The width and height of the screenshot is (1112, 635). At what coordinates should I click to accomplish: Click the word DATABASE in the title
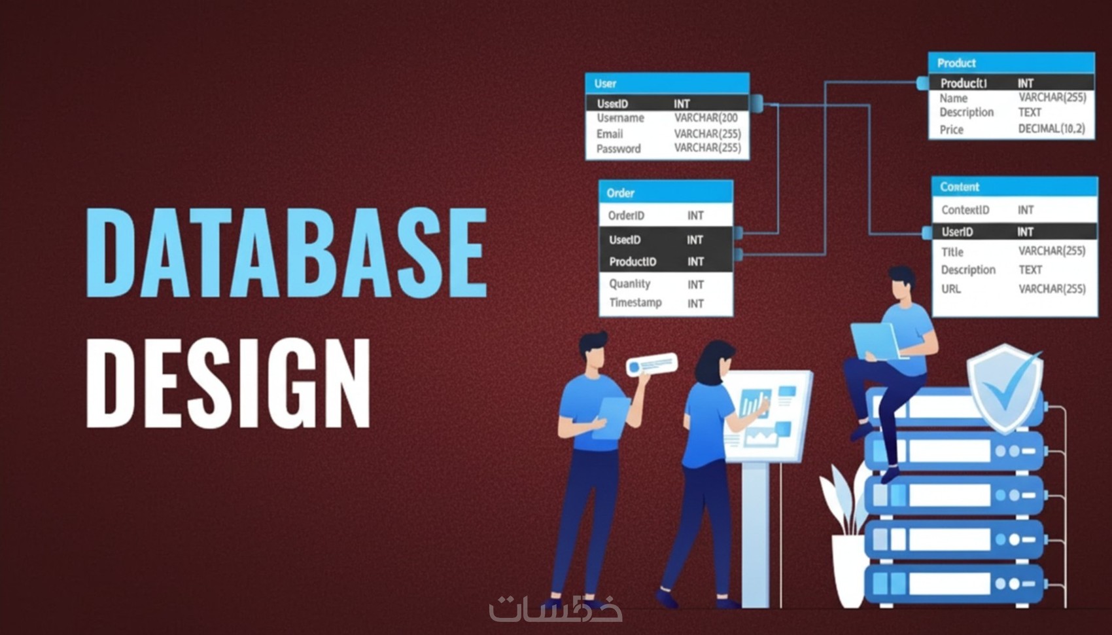coord(287,252)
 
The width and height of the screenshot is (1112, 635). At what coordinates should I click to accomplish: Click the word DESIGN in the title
coord(228,383)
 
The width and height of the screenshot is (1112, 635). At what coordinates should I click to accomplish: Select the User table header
coord(667,83)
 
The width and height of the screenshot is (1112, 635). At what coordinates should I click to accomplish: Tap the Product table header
coord(1011,63)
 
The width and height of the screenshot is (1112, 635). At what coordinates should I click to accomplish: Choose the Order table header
coord(665,192)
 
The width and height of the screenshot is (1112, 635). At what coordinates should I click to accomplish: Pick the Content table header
coord(1014,187)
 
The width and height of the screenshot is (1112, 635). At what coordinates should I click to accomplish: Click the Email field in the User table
coord(610,134)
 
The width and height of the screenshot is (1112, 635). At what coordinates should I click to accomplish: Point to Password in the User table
coord(618,149)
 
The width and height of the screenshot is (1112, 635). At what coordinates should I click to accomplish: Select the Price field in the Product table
coord(951,130)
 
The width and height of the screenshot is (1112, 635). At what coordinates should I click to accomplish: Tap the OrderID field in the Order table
coord(626,215)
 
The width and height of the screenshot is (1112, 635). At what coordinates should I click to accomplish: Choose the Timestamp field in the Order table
coord(635,302)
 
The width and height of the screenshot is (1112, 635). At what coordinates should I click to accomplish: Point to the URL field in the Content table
coord(950,289)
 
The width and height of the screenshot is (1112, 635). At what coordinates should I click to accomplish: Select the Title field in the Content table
coord(952,251)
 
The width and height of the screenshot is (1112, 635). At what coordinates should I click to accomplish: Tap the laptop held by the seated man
coord(876,340)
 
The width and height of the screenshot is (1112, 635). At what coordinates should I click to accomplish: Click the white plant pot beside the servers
coord(848,570)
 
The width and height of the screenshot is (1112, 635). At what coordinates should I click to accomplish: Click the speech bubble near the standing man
coord(652,364)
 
